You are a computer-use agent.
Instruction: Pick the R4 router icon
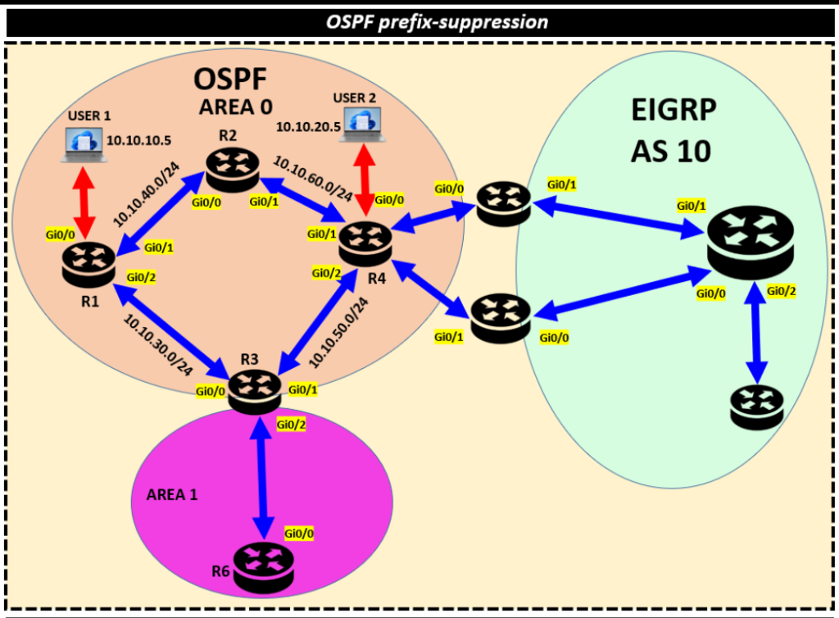(365, 243)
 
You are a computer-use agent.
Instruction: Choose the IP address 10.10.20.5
(306, 126)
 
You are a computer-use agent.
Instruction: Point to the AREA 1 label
(172, 496)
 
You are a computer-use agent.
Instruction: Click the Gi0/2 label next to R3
(291, 424)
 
